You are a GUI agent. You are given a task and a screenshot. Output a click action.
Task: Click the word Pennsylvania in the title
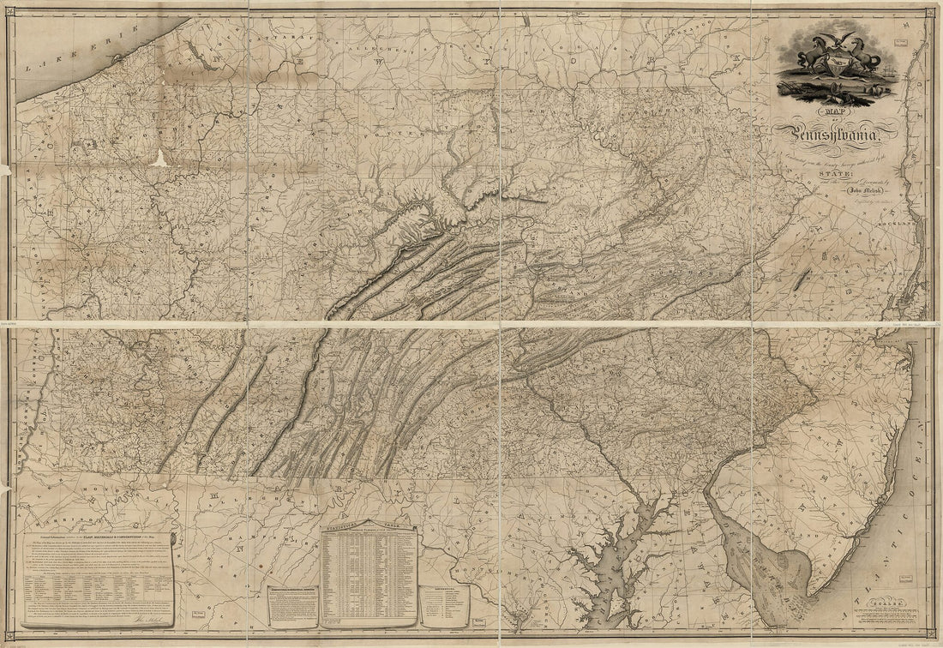(x=836, y=134)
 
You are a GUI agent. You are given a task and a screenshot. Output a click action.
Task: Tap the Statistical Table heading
(x=368, y=531)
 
